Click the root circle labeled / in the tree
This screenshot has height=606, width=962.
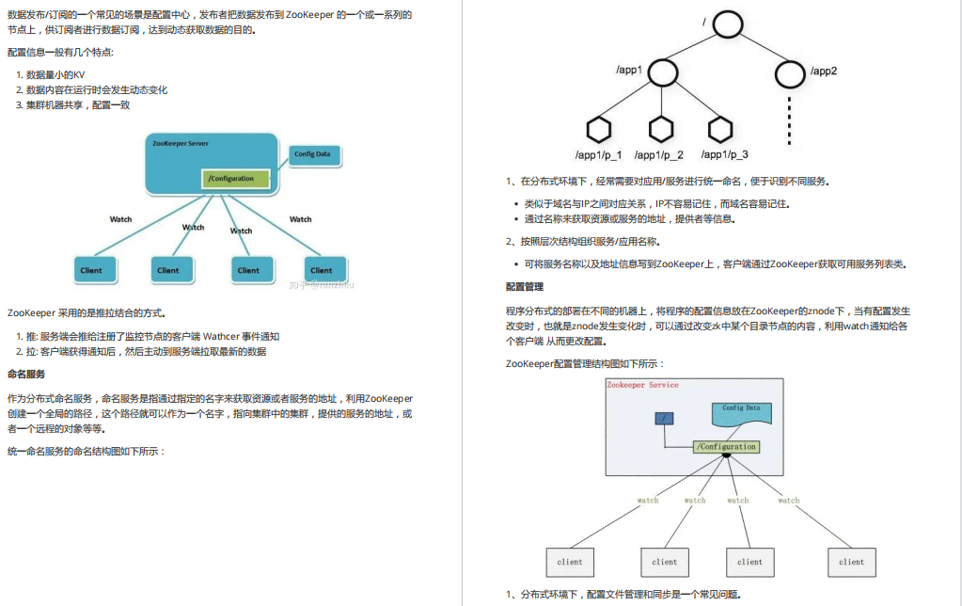click(x=728, y=24)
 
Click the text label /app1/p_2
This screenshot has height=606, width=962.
click(x=659, y=154)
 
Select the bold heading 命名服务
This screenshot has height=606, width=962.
click(x=26, y=374)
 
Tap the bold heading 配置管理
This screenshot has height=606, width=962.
click(x=525, y=286)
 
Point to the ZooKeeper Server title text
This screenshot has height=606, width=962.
click(x=181, y=143)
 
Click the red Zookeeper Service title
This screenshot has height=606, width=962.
click(x=642, y=385)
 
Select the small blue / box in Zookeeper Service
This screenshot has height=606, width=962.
click(x=664, y=418)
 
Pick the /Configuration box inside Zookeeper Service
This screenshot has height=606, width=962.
click(x=725, y=447)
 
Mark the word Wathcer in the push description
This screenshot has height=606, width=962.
click(x=223, y=336)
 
